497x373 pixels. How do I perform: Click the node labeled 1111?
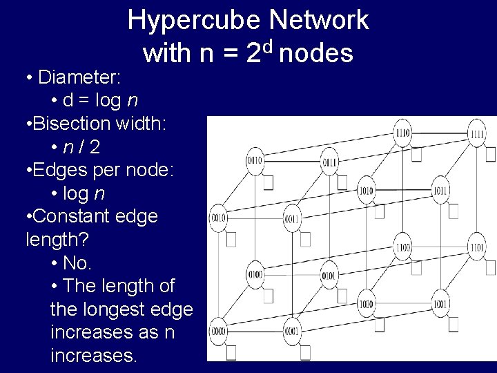click(x=476, y=133)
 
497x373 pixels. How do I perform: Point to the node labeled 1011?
click(x=440, y=190)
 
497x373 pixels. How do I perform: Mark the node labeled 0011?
click(x=292, y=219)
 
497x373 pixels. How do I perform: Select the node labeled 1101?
click(x=476, y=247)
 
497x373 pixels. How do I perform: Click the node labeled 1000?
click(x=366, y=304)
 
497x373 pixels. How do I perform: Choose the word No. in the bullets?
click(x=77, y=263)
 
